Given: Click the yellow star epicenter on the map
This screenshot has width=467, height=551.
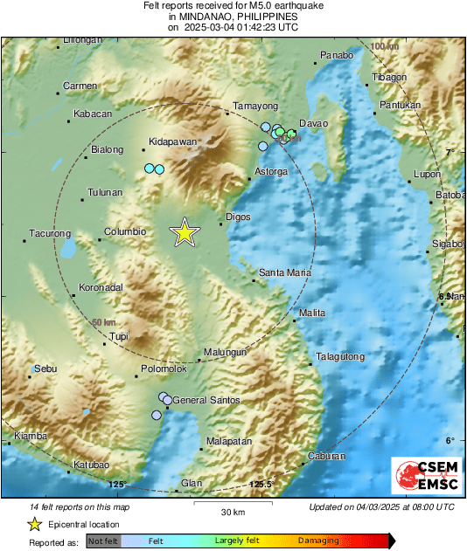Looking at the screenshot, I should click(x=185, y=232).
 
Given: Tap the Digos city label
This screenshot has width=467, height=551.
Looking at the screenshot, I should click(x=238, y=215).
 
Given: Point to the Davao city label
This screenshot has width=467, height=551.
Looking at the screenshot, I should click(x=313, y=123).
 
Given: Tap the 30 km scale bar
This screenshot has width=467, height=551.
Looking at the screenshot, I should click(x=232, y=506).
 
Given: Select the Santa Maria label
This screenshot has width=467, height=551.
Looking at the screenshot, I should click(x=285, y=273).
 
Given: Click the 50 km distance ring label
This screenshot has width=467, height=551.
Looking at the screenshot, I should click(x=102, y=322).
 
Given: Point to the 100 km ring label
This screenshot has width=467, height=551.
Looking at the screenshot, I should click(x=383, y=45).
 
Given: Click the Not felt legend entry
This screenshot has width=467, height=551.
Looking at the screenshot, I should click(x=101, y=541).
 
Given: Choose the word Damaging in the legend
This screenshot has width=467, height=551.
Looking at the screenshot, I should click(x=317, y=541).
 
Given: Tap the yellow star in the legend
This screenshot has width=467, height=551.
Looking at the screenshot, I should click(x=34, y=524).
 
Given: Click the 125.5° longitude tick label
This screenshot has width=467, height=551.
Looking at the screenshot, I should click(x=261, y=484).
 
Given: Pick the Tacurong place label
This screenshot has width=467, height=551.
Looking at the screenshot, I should click(x=49, y=233).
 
